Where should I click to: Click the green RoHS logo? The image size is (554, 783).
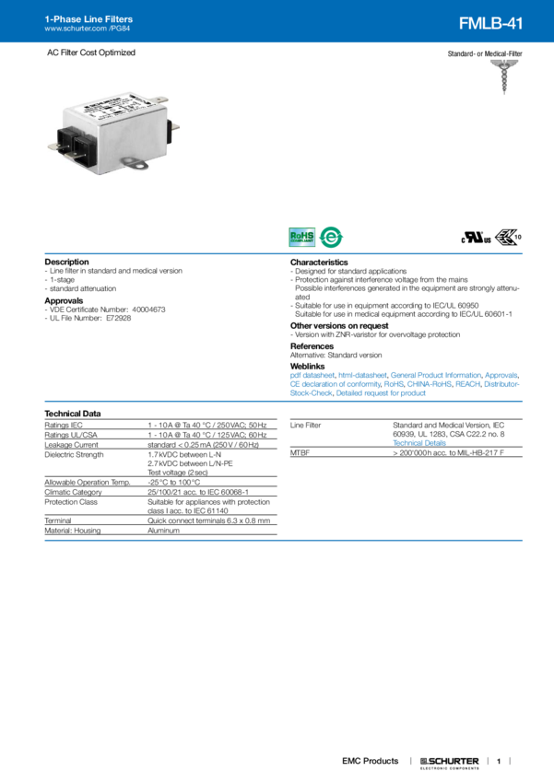coord(301,238)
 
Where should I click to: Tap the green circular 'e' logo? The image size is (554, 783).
coord(330,238)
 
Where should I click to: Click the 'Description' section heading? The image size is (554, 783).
coord(66,262)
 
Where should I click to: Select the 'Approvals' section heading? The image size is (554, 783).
coord(65,299)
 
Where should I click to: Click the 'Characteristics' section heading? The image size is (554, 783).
coord(320,262)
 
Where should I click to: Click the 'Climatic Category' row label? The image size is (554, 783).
coord(77,491)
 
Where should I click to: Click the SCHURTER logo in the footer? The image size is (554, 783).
coord(450,762)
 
